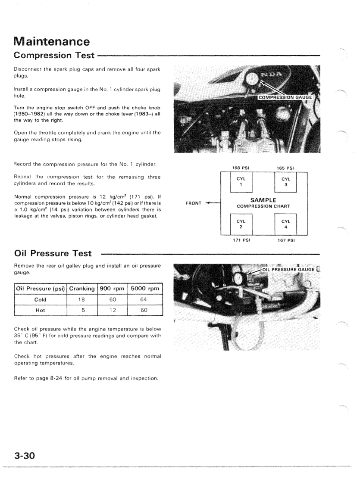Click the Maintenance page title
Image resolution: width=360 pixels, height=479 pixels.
pyautogui.click(x=52, y=41)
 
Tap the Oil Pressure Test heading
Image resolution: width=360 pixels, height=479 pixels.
pyautogui.click(x=53, y=254)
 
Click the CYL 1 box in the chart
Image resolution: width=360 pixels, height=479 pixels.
pyautogui.click(x=241, y=182)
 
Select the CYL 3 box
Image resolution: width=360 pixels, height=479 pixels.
pyautogui.click(x=285, y=182)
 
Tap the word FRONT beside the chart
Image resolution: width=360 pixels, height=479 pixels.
pyautogui.click(x=194, y=203)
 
